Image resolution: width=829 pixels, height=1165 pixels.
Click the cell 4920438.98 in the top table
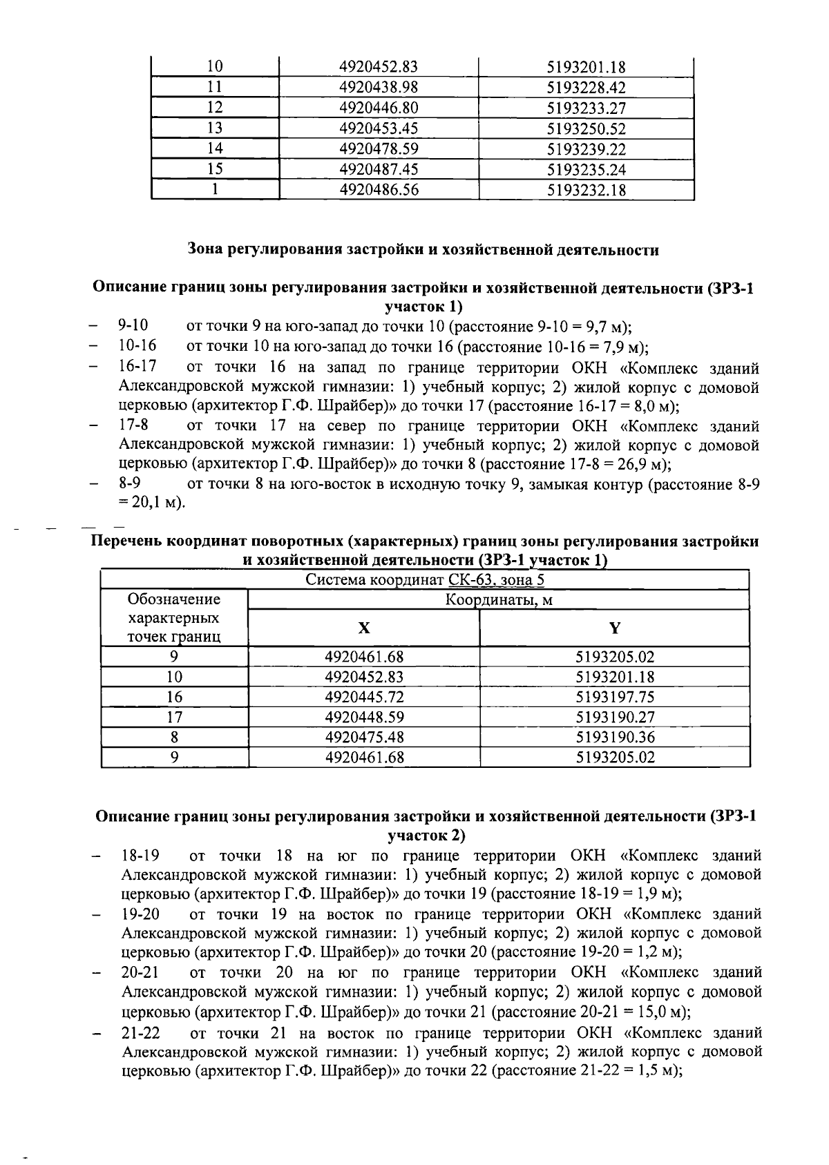[379, 88]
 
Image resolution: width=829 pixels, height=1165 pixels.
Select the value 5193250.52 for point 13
[586, 129]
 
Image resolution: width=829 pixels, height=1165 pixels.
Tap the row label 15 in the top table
[215, 169]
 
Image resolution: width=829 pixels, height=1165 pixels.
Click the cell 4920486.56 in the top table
[379, 190]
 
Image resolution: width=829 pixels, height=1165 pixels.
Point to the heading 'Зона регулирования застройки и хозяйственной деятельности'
[423, 250]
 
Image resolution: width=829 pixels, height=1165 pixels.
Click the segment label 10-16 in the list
[137, 346]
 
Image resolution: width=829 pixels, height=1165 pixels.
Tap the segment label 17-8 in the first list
[134, 425]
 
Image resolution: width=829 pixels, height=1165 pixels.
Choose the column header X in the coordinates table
[363, 628]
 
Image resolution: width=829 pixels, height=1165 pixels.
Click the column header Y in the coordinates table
[614, 628]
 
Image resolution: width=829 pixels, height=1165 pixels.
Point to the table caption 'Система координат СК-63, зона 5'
[425, 579]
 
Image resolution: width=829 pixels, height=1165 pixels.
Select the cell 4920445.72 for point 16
[363, 697]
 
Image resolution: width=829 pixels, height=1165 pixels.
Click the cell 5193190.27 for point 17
[615, 717]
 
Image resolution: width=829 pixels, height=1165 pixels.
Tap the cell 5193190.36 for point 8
[615, 737]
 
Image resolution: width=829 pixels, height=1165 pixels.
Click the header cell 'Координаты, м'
[498, 600]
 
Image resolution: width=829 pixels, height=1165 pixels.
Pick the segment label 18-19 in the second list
[140, 856]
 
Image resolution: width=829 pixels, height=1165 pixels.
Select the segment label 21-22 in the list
[140, 1033]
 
